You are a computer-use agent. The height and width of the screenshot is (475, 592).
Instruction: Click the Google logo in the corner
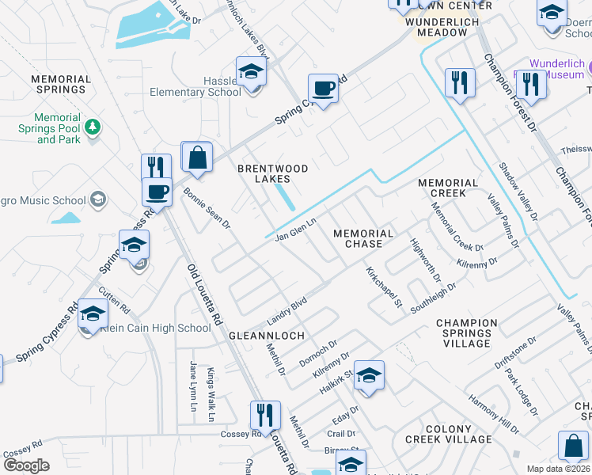[26, 465]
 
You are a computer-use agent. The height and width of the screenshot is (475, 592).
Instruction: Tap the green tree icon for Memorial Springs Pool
[93, 126]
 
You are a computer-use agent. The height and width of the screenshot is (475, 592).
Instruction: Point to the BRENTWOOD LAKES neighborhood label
[273, 174]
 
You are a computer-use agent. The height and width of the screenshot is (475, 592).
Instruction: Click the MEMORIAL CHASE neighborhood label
[363, 238]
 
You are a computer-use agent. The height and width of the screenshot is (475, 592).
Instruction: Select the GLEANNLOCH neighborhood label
[267, 336]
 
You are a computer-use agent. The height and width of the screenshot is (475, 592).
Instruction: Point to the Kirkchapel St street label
[385, 287]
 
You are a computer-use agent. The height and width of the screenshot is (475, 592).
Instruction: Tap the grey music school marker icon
[99, 198]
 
